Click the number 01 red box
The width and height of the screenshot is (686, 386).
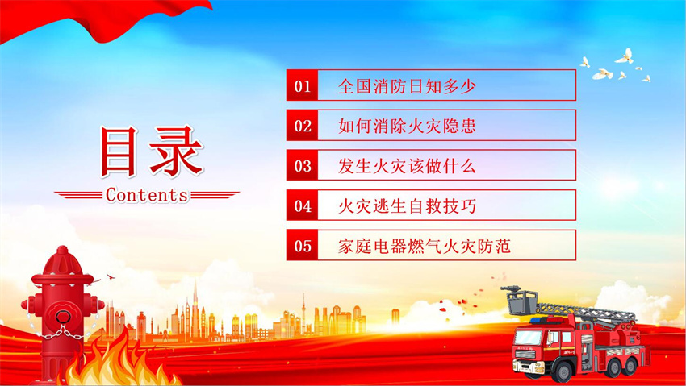302,85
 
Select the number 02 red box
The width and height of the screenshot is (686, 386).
302,126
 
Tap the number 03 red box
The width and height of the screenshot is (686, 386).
302,165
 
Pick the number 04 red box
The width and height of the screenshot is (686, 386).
302,205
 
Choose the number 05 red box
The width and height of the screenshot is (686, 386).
302,246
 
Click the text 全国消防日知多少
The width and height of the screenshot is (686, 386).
407,86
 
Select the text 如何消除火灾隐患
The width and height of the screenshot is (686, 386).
407,126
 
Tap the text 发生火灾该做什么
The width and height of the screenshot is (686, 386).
407,166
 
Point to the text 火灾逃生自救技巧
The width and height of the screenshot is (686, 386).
407,206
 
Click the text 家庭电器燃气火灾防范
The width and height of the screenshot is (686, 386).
425,247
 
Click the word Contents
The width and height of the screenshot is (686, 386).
147,195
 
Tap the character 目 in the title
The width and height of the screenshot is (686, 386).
119,151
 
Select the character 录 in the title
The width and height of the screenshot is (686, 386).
176,151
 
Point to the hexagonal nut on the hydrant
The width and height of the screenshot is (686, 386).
63,316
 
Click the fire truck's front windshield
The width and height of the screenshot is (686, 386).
528,337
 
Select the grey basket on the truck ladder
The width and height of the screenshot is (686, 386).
521,301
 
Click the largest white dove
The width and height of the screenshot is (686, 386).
625,56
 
